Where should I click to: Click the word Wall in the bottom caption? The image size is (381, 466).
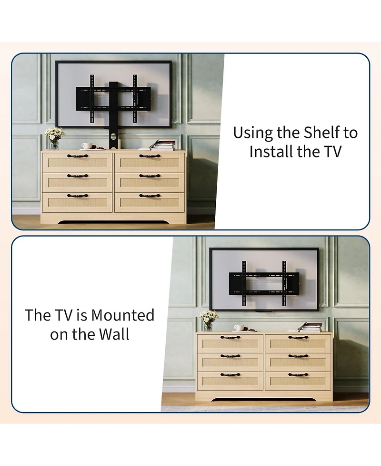[x=114, y=334]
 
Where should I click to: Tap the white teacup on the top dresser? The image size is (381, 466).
[x=87, y=146]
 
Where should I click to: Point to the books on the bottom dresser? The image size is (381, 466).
[x=311, y=327]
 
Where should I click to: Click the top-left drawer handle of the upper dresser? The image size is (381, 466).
[x=77, y=156]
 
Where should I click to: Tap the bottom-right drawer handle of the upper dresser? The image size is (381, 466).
[x=150, y=196]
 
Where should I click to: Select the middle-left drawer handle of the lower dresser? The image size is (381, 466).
[x=230, y=356]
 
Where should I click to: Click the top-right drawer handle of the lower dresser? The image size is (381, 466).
[x=298, y=338]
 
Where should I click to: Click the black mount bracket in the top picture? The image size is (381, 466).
[x=113, y=98]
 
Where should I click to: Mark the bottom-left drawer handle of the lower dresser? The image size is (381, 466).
[x=230, y=374]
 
